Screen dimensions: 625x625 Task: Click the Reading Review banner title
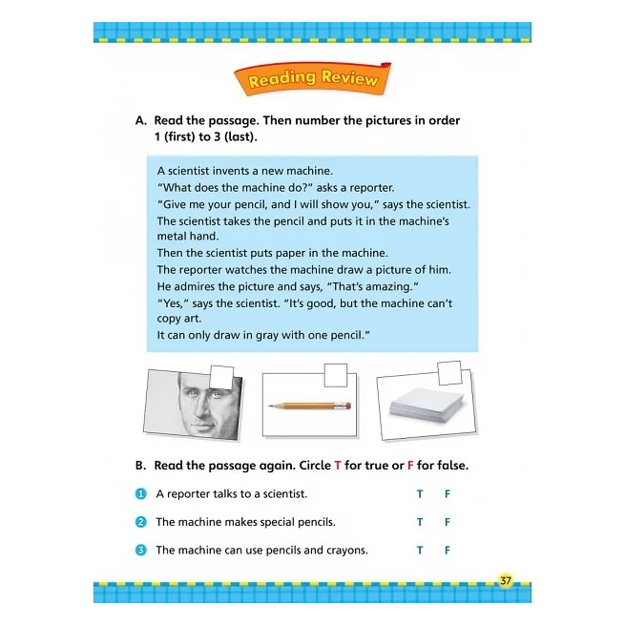[312, 80]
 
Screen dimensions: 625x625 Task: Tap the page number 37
[506, 580]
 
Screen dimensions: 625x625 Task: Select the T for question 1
[420, 494]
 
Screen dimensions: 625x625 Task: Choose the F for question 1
[448, 494]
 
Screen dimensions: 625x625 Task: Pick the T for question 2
[420, 522]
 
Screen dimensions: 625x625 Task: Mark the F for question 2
[448, 522]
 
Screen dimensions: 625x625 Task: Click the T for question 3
[420, 550]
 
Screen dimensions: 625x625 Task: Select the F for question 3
[448, 550]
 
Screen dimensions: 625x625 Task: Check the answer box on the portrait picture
[220, 378]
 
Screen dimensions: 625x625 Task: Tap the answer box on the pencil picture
[336, 376]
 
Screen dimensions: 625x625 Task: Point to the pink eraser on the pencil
[346, 406]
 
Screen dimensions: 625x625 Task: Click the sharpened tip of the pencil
[271, 406]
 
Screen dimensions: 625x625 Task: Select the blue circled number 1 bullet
[140, 494]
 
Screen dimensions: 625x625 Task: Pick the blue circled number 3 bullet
[140, 550]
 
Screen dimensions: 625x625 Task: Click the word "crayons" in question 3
[346, 550]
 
